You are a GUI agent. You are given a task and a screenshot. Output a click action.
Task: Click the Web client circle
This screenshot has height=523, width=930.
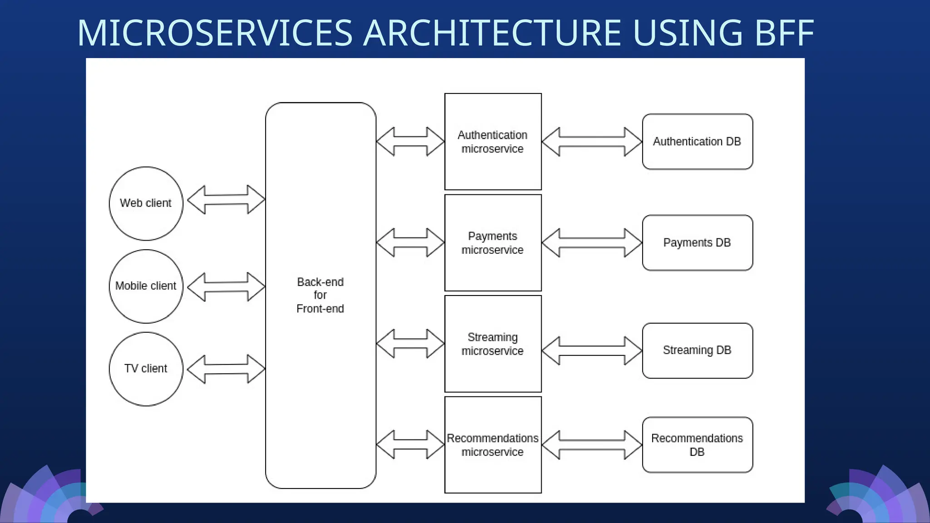pyautogui.click(x=146, y=203)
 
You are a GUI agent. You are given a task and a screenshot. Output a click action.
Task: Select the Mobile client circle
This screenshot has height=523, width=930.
pyautogui.click(x=146, y=286)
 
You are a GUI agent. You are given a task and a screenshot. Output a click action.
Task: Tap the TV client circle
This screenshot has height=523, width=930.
pyautogui.click(x=146, y=369)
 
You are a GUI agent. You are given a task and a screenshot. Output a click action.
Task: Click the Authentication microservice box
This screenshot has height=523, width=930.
pyautogui.click(x=493, y=142)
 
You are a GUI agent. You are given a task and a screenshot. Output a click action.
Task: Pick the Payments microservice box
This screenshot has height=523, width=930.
pyautogui.click(x=493, y=243)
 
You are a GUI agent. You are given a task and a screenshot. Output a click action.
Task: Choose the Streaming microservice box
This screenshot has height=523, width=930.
pyautogui.click(x=493, y=344)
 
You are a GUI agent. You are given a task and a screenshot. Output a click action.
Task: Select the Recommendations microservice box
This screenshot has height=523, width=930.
pyautogui.click(x=493, y=445)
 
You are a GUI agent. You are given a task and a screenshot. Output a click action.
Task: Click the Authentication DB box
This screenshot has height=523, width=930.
pyautogui.click(x=697, y=142)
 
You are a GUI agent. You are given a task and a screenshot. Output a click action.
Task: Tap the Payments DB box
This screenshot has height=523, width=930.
pyautogui.click(x=697, y=243)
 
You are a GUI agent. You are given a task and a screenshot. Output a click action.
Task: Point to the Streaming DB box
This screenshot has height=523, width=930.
pyautogui.click(x=697, y=350)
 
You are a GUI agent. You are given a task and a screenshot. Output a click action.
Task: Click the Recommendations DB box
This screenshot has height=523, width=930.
pyautogui.click(x=697, y=445)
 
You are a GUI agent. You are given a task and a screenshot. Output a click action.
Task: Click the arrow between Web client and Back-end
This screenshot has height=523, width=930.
pyautogui.click(x=226, y=199)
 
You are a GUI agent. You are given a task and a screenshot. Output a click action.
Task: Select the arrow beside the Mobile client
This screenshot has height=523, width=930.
pyautogui.click(x=226, y=287)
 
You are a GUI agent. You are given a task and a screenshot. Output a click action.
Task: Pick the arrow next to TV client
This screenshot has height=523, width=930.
pyautogui.click(x=226, y=369)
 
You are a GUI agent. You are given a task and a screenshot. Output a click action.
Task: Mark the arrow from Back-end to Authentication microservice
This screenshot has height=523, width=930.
pyautogui.click(x=410, y=142)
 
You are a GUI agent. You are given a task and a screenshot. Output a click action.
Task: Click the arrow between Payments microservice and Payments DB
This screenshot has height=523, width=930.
pyautogui.click(x=592, y=243)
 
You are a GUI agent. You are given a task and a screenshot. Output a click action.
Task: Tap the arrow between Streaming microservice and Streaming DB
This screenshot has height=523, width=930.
pyautogui.click(x=592, y=350)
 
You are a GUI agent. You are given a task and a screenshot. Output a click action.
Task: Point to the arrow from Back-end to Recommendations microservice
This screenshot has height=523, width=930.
pyautogui.click(x=410, y=444)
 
